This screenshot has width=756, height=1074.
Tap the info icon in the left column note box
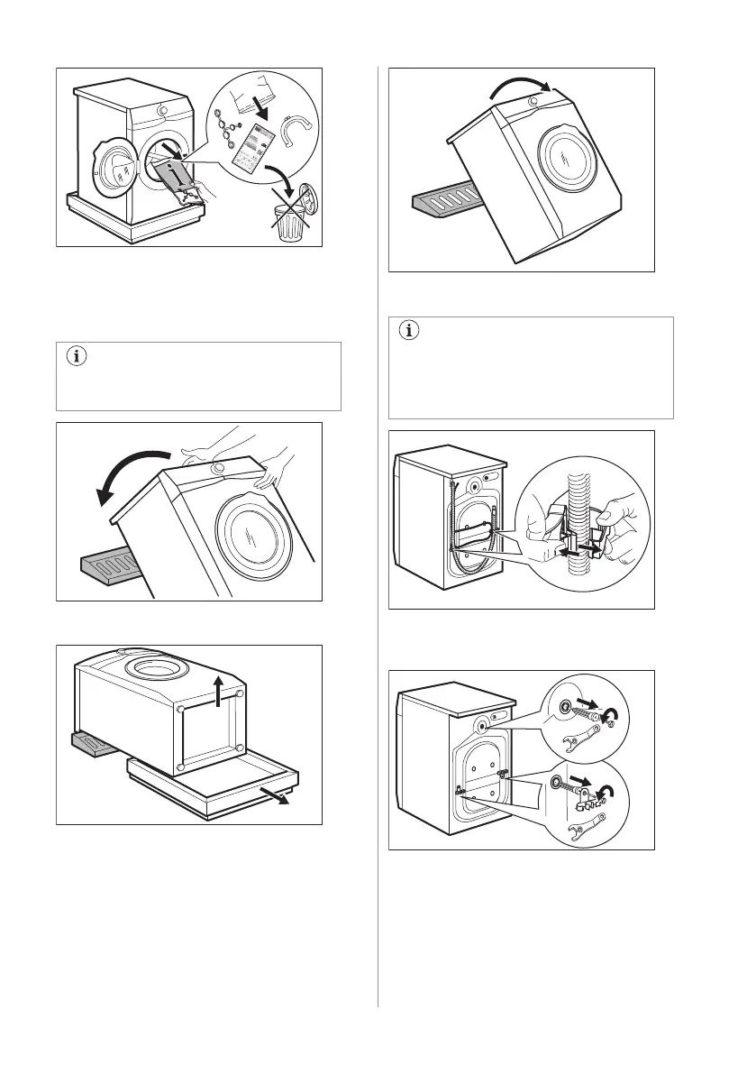click(76, 357)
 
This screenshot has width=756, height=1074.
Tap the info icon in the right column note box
click(408, 331)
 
